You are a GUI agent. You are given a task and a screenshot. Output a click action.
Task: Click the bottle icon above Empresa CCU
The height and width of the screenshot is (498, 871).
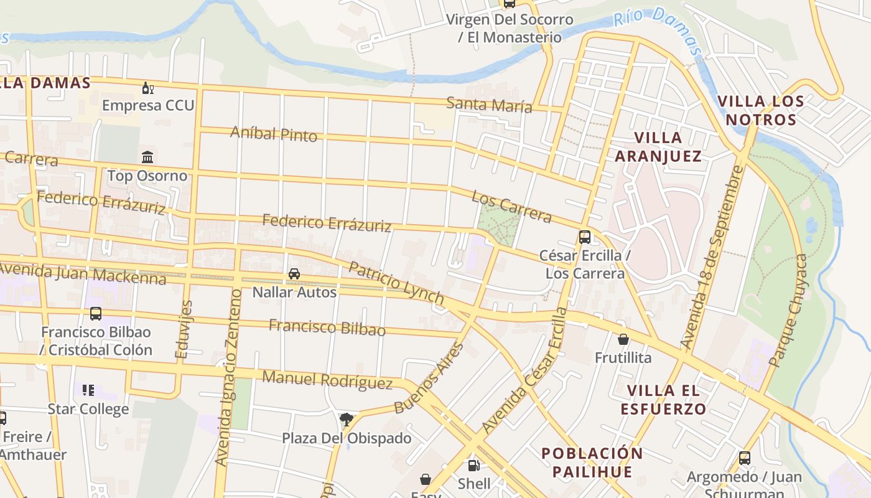tap(147, 88)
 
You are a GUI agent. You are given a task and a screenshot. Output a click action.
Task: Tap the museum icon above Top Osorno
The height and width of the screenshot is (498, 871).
tap(147, 157)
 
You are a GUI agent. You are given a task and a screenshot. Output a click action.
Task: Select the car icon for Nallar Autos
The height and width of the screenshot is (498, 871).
tap(294, 274)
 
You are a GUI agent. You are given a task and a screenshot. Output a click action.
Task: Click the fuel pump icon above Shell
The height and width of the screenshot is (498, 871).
tap(473, 466)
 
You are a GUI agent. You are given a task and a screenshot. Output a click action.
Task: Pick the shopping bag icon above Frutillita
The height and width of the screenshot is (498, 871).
tap(623, 339)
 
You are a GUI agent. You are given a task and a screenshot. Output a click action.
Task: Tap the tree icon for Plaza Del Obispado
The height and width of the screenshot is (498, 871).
tap(347, 420)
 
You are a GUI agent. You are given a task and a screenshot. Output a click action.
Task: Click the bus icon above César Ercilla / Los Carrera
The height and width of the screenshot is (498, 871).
tap(585, 237)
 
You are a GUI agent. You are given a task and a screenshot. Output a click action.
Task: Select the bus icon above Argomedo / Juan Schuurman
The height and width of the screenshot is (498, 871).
tap(744, 458)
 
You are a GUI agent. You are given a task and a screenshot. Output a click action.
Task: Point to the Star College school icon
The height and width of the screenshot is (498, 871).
tap(88, 390)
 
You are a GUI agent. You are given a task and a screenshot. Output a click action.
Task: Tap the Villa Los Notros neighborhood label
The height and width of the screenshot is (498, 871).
tap(760, 110)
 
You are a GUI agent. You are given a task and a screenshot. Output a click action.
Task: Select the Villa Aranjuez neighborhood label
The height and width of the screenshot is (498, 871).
tap(658, 147)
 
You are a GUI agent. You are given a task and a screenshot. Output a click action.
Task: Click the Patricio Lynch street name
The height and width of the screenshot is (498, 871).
tap(396, 283)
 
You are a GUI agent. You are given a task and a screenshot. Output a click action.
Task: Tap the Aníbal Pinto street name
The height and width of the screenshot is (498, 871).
tap(274, 134)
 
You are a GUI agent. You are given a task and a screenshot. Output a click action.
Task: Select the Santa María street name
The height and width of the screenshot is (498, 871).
tap(489, 105)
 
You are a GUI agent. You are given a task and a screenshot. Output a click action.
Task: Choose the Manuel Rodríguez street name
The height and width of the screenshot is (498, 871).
tap(327, 380)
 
